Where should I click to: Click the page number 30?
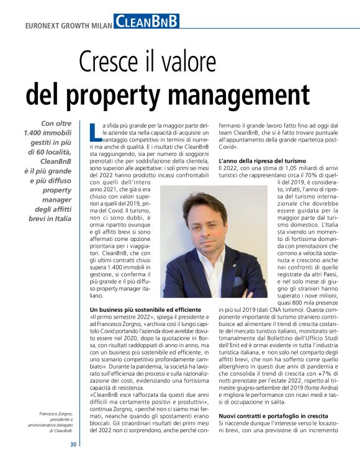pyautogui.click(x=73, y=444)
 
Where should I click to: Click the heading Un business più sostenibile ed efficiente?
pyautogui.click(x=145, y=309)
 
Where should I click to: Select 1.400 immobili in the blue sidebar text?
pyautogui.click(x=48, y=133)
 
